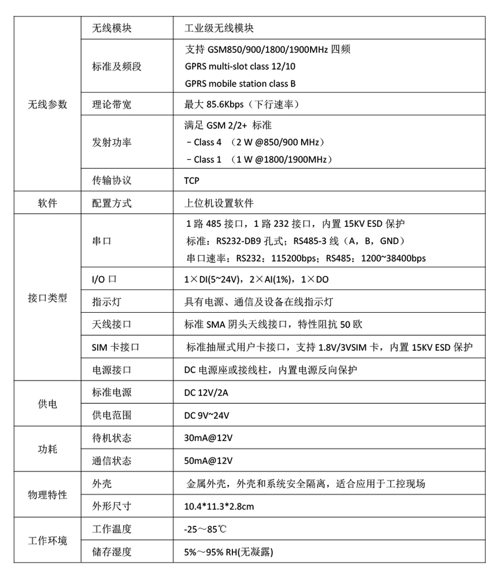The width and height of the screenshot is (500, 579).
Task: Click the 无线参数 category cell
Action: [48, 105]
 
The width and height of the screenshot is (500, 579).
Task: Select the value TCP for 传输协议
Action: [191, 180]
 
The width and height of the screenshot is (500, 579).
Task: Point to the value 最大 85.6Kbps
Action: [242, 105]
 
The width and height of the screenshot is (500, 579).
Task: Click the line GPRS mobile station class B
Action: [240, 83]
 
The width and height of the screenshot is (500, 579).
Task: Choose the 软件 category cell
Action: [48, 203]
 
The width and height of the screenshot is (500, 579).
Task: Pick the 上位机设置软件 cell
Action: [219, 203]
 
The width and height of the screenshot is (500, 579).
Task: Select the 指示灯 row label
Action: [105, 302]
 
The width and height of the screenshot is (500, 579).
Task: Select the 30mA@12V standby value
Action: [208, 438]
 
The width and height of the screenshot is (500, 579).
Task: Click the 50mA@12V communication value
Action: [208, 460]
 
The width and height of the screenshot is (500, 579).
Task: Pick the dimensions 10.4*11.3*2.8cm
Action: [219, 506]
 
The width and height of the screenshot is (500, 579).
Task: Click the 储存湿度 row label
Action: [112, 551]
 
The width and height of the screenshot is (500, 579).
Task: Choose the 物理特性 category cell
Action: [48, 495]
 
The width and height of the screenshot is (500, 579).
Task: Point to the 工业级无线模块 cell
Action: [219, 28]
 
